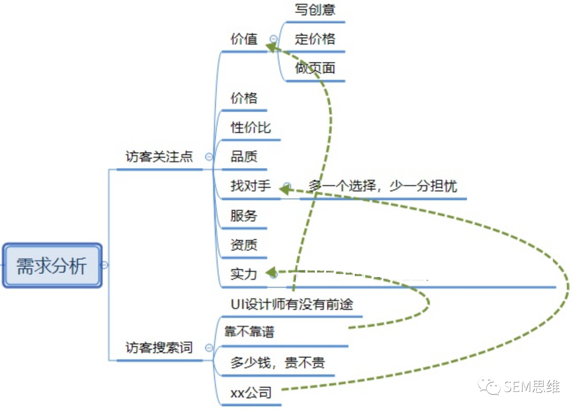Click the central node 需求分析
click(x=52, y=266)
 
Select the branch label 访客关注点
click(x=159, y=157)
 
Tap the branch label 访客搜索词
click(x=159, y=348)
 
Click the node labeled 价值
click(x=244, y=39)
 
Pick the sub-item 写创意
click(x=315, y=9)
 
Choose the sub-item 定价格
click(x=315, y=39)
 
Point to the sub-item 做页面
click(x=315, y=68)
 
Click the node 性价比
click(x=250, y=128)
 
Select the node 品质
click(x=244, y=157)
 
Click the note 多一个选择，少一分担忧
click(x=383, y=186)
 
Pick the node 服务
click(x=244, y=216)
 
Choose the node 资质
click(x=244, y=245)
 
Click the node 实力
click(x=244, y=274)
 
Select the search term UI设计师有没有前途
click(x=292, y=304)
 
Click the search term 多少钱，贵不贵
click(x=277, y=363)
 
